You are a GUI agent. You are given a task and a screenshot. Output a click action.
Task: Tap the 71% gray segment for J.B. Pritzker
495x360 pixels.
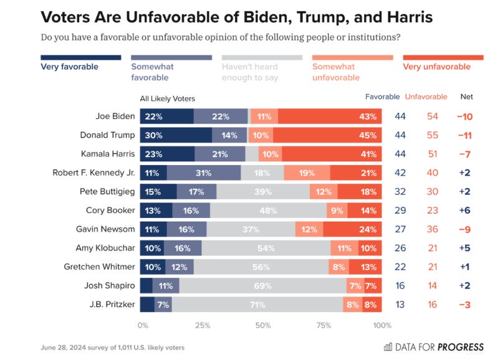click(x=257, y=305)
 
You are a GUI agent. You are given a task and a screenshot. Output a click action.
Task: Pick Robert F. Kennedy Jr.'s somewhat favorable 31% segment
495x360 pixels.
click(x=203, y=173)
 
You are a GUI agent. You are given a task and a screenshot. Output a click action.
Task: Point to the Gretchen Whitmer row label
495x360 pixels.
click(x=99, y=267)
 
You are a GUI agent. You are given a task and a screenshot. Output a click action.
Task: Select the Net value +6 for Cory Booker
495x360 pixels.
click(x=464, y=211)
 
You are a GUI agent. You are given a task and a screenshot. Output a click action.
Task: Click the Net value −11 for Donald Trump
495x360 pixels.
click(x=464, y=135)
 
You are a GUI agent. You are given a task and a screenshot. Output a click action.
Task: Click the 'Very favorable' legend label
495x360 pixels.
click(x=69, y=67)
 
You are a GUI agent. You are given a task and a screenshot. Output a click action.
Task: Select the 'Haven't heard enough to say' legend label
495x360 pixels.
click(x=250, y=72)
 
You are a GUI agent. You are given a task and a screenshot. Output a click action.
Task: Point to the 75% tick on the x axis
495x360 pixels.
click(x=323, y=325)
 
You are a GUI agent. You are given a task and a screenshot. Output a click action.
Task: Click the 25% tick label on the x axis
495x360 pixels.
click(x=203, y=325)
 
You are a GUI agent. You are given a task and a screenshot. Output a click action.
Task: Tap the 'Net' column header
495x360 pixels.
click(x=466, y=97)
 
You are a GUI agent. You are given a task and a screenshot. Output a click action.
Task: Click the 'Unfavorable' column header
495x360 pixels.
click(x=426, y=97)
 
